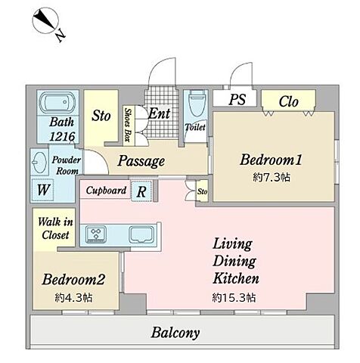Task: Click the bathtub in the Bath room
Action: coord(57,102)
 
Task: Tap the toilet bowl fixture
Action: coord(197,104)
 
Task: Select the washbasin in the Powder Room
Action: coord(39,162)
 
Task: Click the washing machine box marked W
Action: coord(42,190)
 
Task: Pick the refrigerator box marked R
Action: coord(141,191)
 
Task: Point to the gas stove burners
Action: coord(96,234)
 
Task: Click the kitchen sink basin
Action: coord(141,234)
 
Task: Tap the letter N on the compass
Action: coord(61,35)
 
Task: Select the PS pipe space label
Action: coord(237,99)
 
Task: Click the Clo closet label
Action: coord(288,101)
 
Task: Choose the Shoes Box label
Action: coord(129,125)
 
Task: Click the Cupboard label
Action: coord(106,191)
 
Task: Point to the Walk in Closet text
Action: coord(55,228)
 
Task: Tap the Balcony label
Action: coord(175,333)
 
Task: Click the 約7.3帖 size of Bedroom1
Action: coord(272,178)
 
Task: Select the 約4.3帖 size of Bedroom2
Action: coord(73,298)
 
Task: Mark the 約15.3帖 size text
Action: coord(234,298)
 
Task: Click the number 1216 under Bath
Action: coord(62,136)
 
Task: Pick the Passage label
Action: coord(141,161)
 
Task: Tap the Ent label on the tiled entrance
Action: coord(160,113)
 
